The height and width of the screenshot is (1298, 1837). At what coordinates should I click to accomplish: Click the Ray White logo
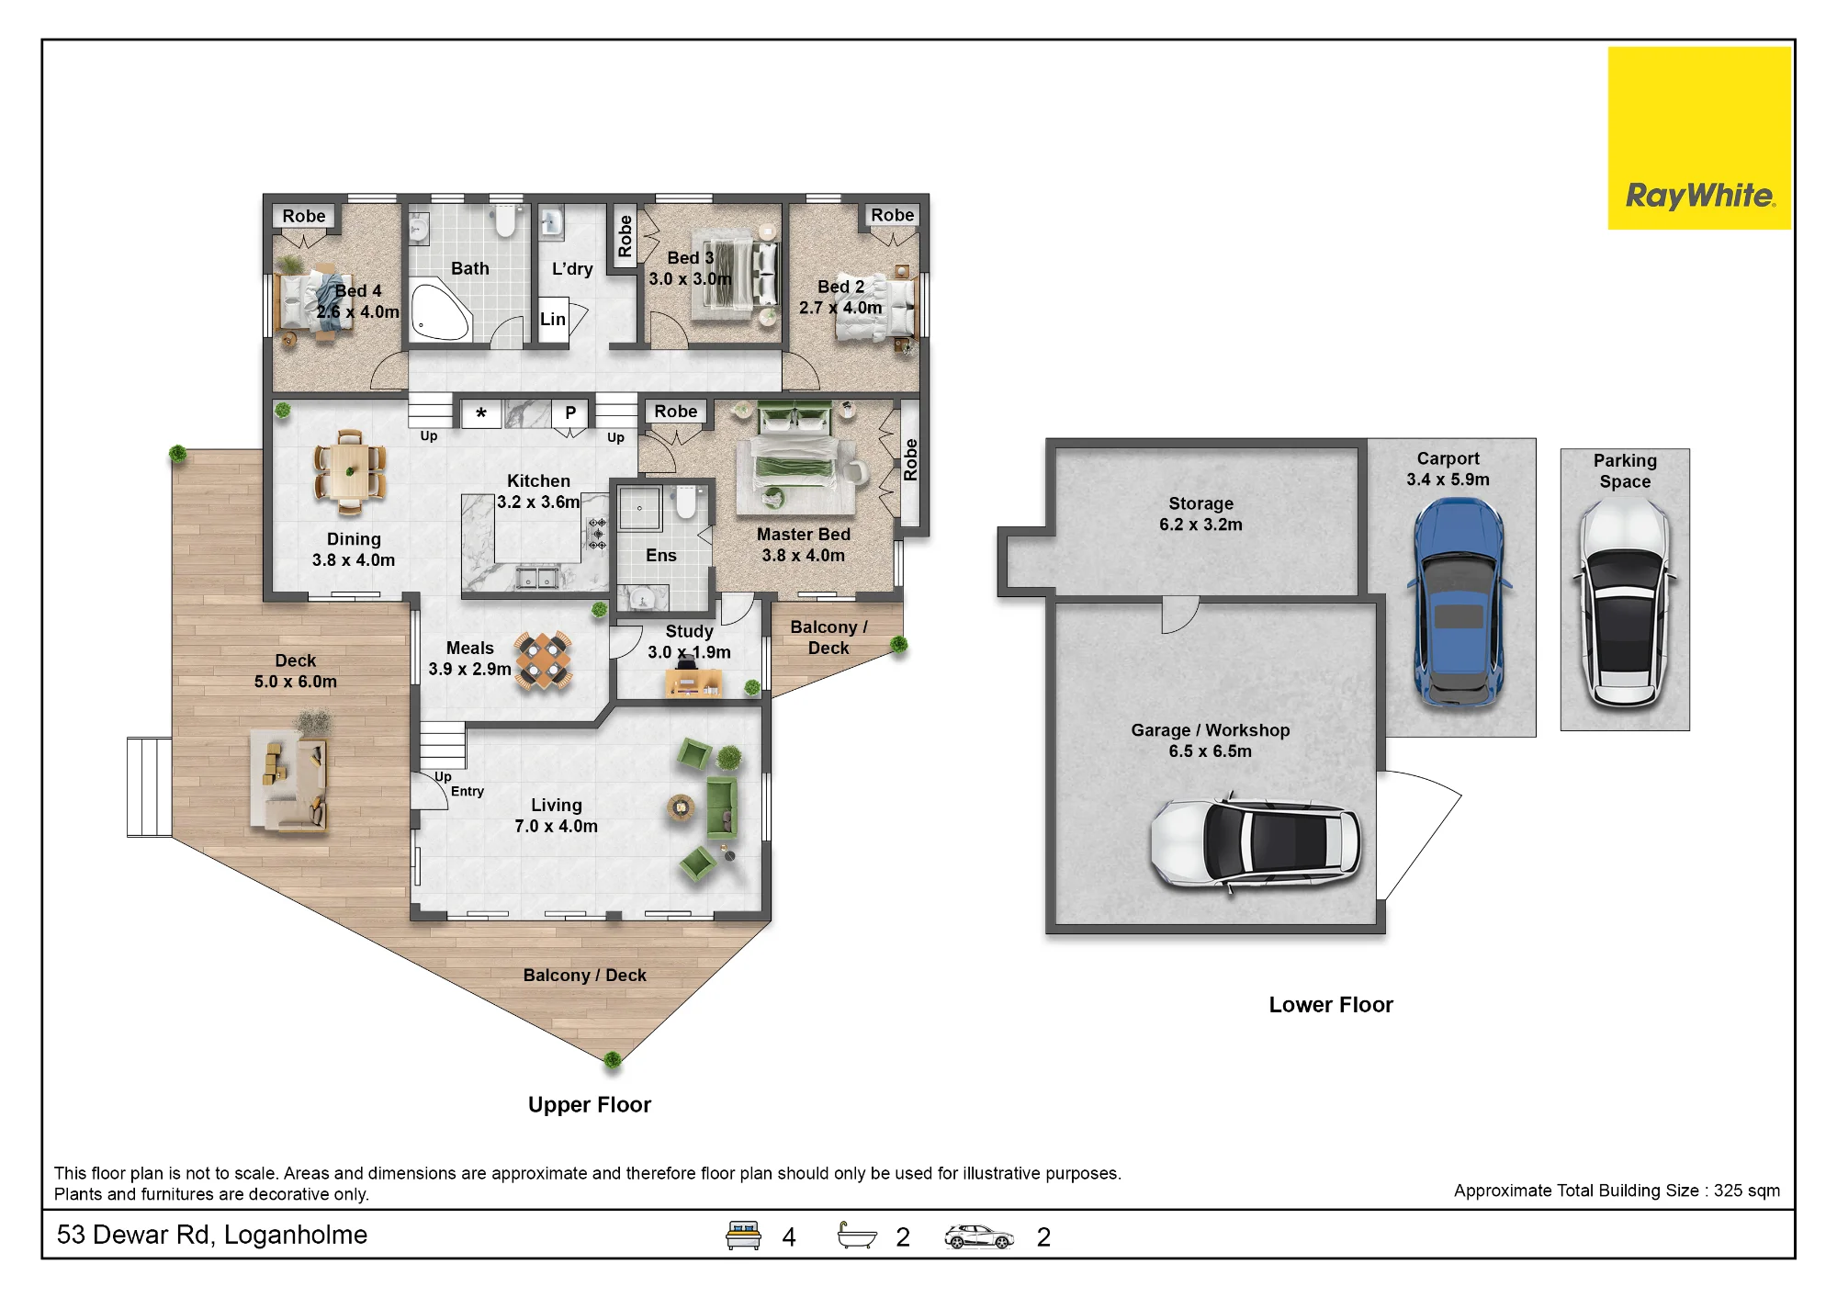pyautogui.click(x=1699, y=138)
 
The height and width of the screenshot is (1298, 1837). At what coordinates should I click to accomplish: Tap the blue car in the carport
pyautogui.click(x=1459, y=603)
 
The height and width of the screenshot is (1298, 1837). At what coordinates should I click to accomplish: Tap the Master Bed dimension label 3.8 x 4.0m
pyautogui.click(x=803, y=556)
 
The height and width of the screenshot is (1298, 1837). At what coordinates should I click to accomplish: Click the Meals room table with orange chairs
pyautogui.click(x=544, y=660)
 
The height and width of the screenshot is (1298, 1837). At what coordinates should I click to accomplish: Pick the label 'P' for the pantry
pyautogui.click(x=570, y=413)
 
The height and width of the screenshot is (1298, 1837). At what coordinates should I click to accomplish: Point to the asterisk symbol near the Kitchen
pyautogui.click(x=481, y=414)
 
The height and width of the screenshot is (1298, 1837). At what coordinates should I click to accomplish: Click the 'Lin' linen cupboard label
pyautogui.click(x=553, y=320)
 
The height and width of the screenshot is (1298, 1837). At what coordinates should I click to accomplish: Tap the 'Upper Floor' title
pyautogui.click(x=590, y=1105)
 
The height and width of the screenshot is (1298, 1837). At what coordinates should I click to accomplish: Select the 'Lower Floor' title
pyautogui.click(x=1331, y=1005)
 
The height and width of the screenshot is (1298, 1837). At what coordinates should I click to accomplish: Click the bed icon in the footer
pyautogui.click(x=743, y=1236)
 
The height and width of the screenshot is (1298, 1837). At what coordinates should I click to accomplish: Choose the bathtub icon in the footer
pyautogui.click(x=857, y=1236)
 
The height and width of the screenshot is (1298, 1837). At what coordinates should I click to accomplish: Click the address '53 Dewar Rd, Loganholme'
pyautogui.click(x=212, y=1235)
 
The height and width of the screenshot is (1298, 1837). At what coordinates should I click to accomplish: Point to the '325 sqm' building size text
pyautogui.click(x=1747, y=1191)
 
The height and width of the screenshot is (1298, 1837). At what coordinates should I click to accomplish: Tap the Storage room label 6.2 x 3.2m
pyautogui.click(x=1200, y=525)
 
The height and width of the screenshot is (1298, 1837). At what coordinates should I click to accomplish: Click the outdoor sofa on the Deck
pyautogui.click(x=290, y=782)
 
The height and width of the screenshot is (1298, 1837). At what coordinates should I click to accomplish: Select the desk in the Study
pyautogui.click(x=693, y=683)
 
